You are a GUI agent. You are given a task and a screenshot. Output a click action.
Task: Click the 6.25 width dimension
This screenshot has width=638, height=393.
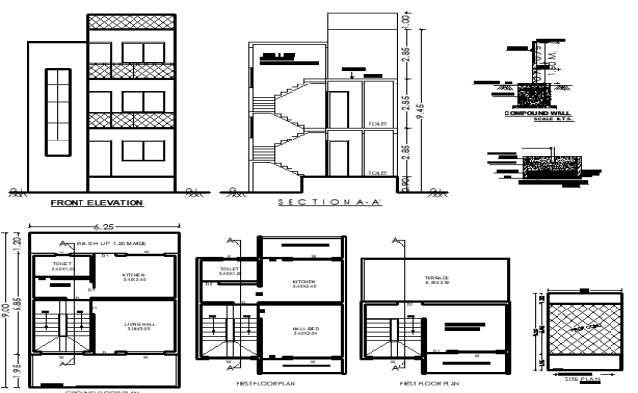coord(104,224)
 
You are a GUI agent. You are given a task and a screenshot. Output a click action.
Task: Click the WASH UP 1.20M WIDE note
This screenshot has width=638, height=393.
coord(110,242)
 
